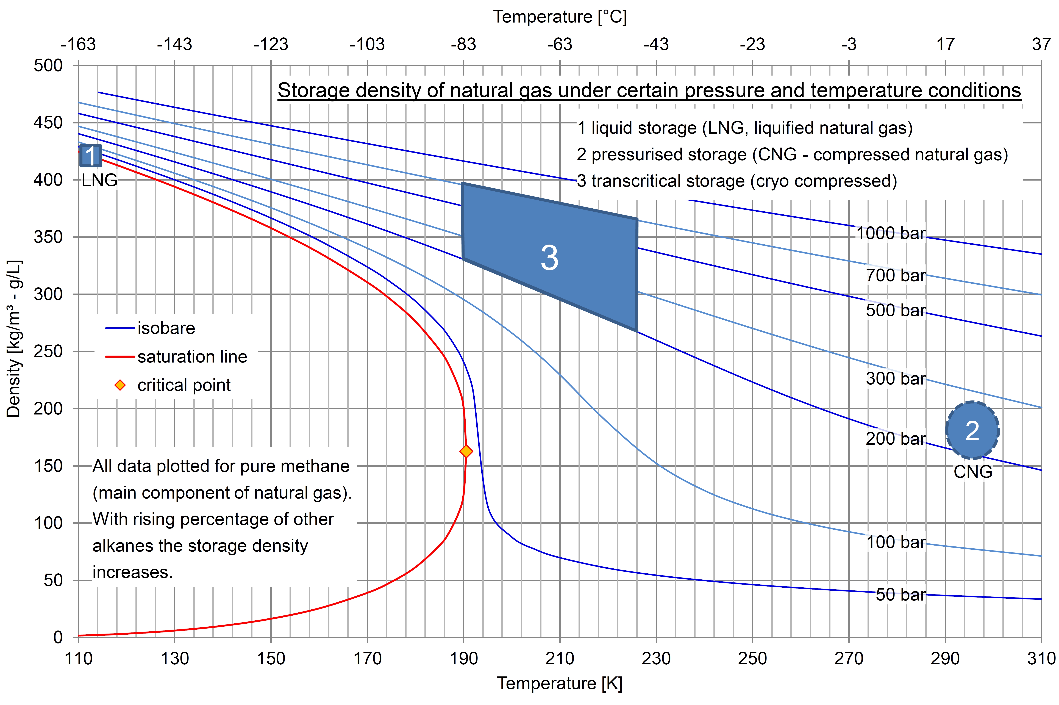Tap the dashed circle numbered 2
[x=972, y=430]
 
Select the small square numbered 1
[x=91, y=156]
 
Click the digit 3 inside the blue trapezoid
[x=549, y=258]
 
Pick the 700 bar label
[x=895, y=275]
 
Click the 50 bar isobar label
[x=900, y=594]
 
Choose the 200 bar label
[x=895, y=438]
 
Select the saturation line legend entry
[x=192, y=356]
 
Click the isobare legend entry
[x=166, y=328]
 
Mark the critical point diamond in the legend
[x=120, y=385]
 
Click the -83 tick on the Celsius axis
[x=463, y=44]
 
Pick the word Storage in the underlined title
[x=313, y=90]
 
